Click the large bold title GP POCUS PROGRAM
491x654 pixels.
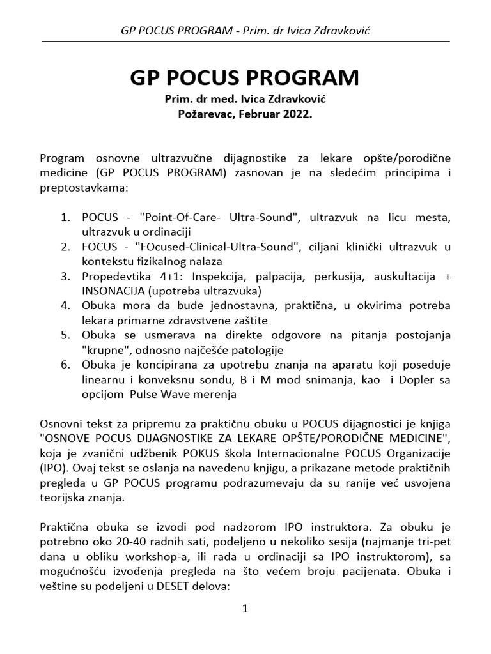[245, 77]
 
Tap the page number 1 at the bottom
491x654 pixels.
[244, 609]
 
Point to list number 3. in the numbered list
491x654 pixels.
[65, 276]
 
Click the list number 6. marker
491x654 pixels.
[65, 365]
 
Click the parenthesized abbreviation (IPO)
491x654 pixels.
[54, 469]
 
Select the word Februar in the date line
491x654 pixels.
[258, 114]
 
